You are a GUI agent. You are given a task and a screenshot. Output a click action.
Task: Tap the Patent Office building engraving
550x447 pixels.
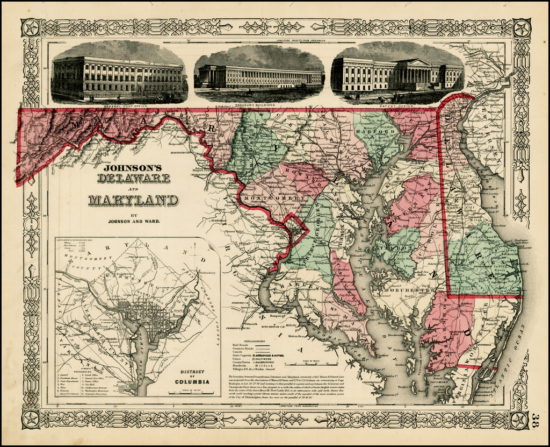397,74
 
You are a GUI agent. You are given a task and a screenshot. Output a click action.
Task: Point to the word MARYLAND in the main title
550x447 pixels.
133,200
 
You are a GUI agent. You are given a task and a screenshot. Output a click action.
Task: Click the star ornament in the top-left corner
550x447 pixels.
30,28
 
